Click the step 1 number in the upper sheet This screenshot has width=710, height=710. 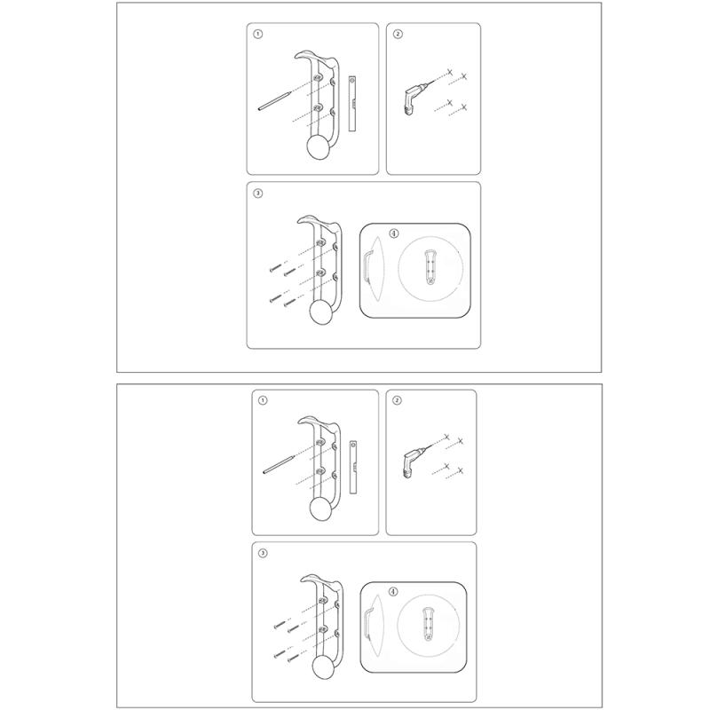(257, 34)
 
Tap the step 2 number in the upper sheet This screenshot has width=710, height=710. (398, 34)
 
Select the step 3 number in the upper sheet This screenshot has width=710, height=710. (257, 193)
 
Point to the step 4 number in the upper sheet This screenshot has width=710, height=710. (394, 233)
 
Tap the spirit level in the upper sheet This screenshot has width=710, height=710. (352, 104)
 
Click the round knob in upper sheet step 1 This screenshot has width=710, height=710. (319, 148)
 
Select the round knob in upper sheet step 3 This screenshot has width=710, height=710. (322, 313)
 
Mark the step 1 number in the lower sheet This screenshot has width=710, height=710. (262, 400)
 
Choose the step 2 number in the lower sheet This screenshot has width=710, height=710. (397, 400)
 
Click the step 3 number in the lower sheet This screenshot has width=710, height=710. (262, 553)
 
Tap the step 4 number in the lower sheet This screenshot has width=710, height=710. (393, 592)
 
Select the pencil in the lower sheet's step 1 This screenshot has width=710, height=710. (279, 464)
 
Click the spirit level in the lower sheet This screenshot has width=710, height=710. (353, 467)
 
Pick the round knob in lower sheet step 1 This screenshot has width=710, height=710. (322, 509)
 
